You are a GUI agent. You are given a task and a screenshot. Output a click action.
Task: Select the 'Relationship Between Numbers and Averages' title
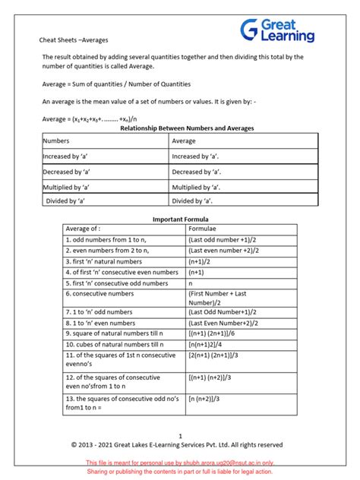click(188, 128)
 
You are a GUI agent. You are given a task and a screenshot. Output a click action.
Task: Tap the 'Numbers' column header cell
click(56, 141)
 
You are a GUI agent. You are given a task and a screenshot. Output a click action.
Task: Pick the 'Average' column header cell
click(185, 141)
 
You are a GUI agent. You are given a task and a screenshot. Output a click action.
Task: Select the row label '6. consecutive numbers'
click(99, 293)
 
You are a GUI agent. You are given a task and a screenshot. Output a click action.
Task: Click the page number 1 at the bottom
click(180, 435)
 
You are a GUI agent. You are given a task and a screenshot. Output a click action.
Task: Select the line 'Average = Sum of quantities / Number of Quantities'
click(116, 84)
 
